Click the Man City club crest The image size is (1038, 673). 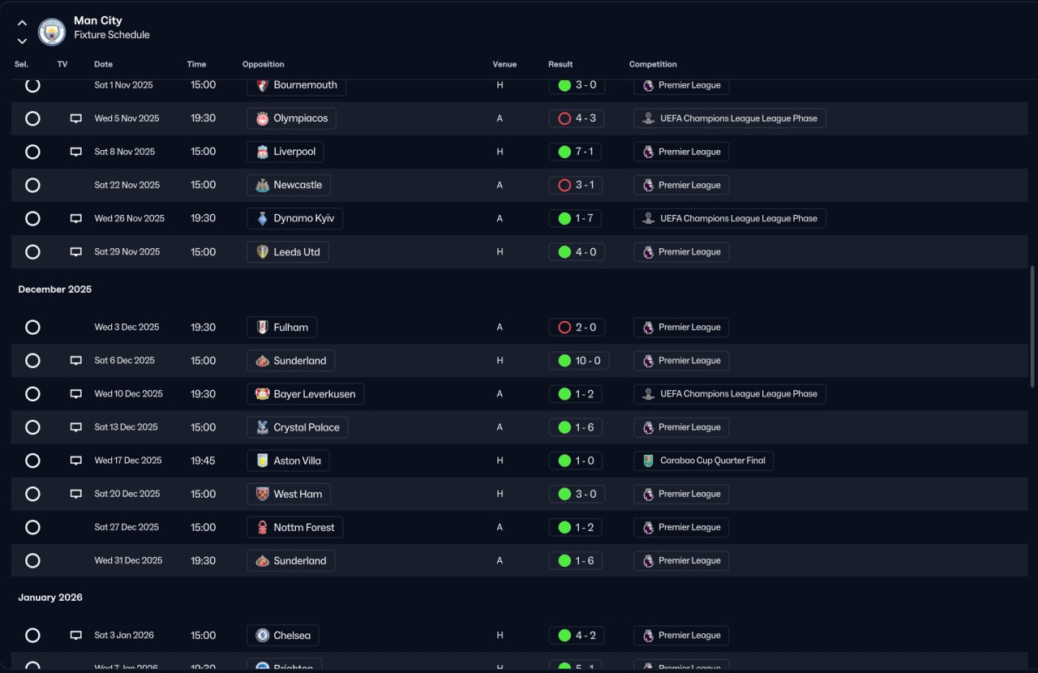coord(52,32)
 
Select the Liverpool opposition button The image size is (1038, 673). coord(285,152)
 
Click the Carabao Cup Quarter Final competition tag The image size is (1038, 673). coord(703,461)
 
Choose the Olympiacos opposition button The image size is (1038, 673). coord(291,118)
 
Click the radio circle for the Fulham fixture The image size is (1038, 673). coord(32,328)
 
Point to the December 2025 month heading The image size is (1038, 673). coord(55,289)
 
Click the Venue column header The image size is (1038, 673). coord(504,64)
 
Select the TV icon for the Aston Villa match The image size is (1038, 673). coord(76,461)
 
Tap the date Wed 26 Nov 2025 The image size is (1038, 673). coord(129,218)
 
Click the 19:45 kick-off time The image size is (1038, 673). coord(204,461)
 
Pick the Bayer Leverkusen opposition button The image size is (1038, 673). coord(305,394)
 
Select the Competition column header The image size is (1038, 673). coord(653,64)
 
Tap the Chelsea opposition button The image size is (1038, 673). coord(283,636)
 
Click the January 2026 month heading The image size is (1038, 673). coord(50,598)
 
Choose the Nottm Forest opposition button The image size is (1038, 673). coord(295,527)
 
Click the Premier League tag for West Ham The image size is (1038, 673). coord(680,494)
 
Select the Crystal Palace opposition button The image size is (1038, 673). coord(297,427)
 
